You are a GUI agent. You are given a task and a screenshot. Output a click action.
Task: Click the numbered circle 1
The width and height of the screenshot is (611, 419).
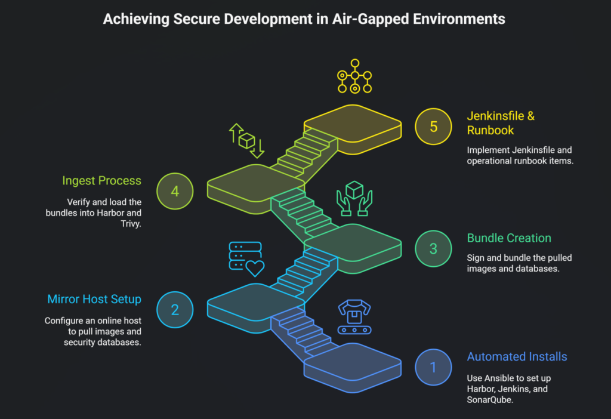(433, 367)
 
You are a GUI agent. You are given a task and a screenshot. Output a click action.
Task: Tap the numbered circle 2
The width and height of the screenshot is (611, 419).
(174, 309)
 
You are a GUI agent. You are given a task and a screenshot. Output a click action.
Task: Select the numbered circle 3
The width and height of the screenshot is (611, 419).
(433, 248)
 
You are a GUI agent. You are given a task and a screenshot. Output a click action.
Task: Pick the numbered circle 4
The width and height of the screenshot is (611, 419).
(174, 191)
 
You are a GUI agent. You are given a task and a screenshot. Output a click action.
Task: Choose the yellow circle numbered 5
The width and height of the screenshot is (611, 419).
(433, 127)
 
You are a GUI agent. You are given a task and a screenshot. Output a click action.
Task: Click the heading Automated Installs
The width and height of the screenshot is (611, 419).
(517, 357)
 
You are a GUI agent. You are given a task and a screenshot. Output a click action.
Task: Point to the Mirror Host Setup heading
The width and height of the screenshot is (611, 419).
(94, 299)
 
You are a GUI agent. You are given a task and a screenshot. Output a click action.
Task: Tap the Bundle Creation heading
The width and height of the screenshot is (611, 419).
(509, 238)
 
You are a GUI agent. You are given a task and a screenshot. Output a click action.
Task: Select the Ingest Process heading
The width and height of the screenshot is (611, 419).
(101, 180)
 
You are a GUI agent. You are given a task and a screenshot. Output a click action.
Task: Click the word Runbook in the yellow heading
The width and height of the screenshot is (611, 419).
(491, 130)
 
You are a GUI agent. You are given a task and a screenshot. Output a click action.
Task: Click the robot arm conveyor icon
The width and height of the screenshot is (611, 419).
(354, 316)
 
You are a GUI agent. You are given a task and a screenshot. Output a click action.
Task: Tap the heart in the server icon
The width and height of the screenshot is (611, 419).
(255, 268)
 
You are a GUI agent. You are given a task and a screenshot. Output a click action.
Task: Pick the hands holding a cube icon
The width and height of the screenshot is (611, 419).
(354, 198)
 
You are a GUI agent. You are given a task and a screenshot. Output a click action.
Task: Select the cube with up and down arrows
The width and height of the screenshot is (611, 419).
(247, 140)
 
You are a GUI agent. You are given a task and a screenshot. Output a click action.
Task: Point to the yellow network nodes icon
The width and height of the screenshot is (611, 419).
(354, 76)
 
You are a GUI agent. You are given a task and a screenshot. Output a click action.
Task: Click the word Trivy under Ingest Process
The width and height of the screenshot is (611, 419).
(131, 224)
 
